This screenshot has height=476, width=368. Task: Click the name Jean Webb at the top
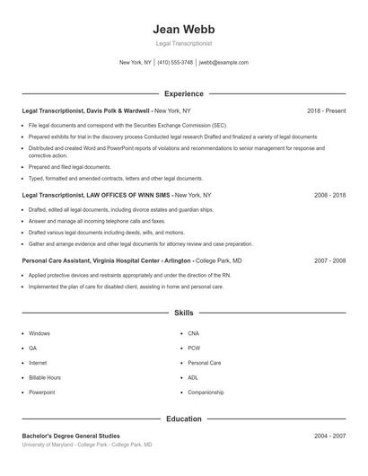tap(183, 28)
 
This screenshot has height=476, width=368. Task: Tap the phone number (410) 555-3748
tap(175, 63)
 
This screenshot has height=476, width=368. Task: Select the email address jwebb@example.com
tap(223, 63)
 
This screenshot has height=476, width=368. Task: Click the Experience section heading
tap(183, 93)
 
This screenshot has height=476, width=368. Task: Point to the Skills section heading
tap(183, 313)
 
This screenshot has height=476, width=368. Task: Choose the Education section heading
tap(183, 419)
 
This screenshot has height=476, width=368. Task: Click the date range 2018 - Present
tap(326, 110)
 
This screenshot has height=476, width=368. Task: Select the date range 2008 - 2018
tap(329, 194)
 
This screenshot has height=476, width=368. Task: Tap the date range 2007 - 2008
tap(329, 260)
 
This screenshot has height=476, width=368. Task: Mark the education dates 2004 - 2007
tap(329, 436)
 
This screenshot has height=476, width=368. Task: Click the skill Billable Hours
tap(45, 378)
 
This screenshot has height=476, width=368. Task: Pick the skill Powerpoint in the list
tap(41, 392)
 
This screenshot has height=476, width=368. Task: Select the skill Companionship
tap(206, 392)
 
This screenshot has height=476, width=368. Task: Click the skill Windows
tap(39, 333)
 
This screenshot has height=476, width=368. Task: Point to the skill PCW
tap(194, 348)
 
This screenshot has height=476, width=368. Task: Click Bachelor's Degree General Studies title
tap(68, 436)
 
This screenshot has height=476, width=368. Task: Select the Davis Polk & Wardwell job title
tap(86, 110)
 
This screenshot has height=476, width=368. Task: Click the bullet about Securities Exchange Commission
tap(127, 125)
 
